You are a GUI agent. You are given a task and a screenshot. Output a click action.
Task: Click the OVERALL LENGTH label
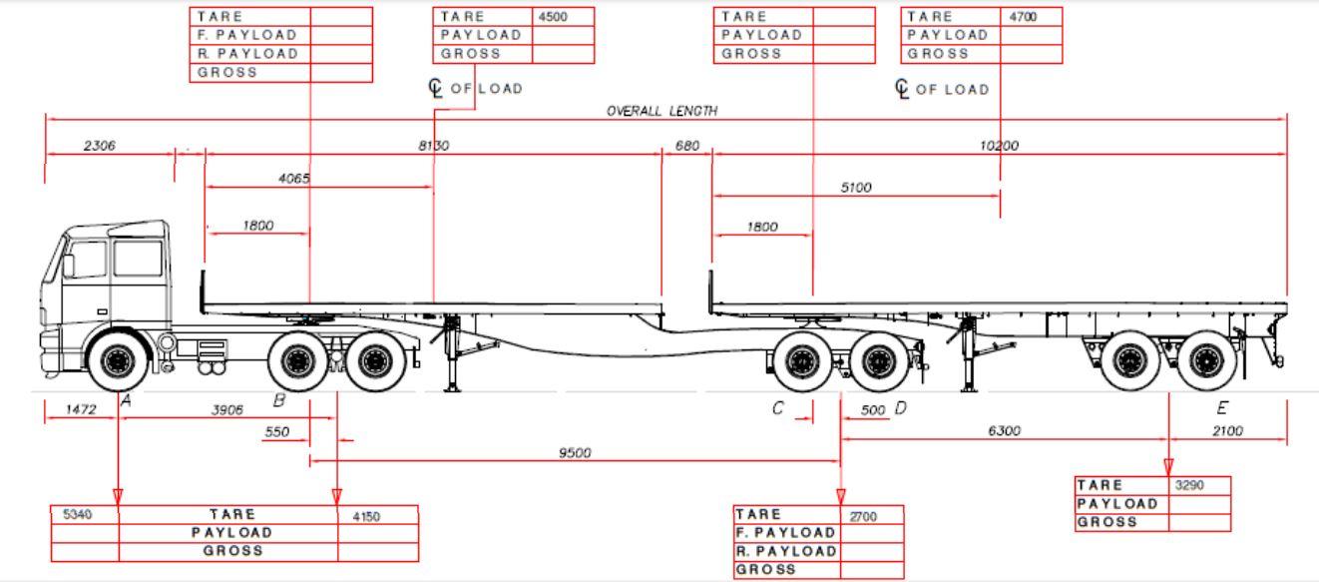coord(661,111)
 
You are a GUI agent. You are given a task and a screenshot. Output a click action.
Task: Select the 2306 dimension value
coord(99,146)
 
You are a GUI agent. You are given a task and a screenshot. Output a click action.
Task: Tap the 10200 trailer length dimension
coord(999,146)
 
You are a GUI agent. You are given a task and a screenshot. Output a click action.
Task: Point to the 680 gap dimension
coord(686,146)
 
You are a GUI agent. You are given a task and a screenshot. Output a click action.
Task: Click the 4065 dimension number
coord(293,179)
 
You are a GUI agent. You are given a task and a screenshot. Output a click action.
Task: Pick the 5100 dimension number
coord(855,187)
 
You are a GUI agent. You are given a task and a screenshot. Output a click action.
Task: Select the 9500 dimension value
coord(575,453)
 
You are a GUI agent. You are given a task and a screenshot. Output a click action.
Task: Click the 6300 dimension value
coord(1004,431)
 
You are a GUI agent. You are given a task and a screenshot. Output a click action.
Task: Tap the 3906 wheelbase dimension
coord(226,409)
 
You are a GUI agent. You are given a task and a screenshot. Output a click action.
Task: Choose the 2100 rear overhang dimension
coord(1228,431)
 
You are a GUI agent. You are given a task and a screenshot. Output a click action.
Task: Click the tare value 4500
coord(552,17)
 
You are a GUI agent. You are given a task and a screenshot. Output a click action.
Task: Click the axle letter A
coord(126,400)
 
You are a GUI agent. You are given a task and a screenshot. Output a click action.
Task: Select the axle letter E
coord(1222,407)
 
